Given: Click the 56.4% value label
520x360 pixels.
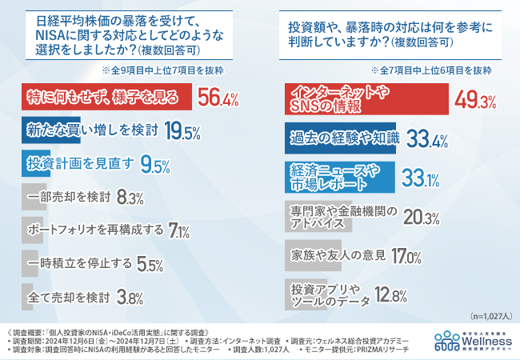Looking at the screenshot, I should pos(218,98).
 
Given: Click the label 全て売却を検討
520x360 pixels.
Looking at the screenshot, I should pos(68,297).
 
